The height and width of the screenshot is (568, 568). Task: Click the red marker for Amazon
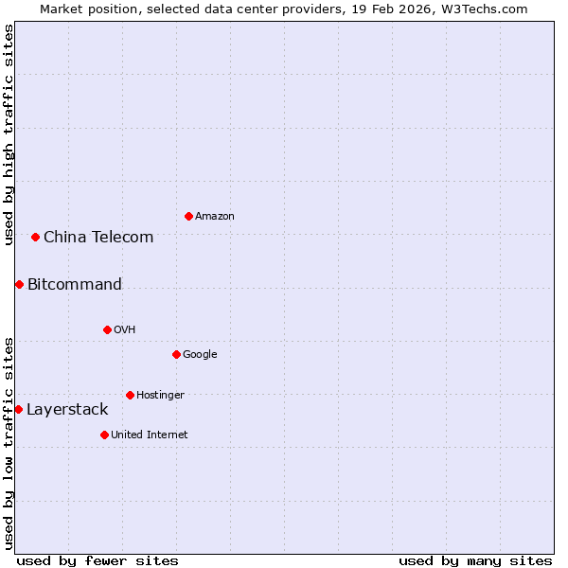pyautogui.click(x=188, y=217)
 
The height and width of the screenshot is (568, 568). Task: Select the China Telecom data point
pyautogui.click(x=35, y=237)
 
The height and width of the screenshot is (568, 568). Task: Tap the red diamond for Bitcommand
pyautogui.click(x=19, y=284)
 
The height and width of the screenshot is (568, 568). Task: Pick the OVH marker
pyautogui.click(x=107, y=329)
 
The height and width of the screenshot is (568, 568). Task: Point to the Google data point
pyautogui.click(x=176, y=354)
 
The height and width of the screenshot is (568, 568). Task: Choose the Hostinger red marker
pyautogui.click(x=130, y=395)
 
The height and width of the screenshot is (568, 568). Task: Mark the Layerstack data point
pyautogui.click(x=18, y=409)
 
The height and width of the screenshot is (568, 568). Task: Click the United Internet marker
pyautogui.click(x=104, y=435)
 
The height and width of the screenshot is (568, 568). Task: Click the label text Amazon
pyautogui.click(x=215, y=217)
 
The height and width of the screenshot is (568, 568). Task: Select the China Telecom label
pyautogui.click(x=98, y=237)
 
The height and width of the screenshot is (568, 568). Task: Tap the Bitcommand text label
pyautogui.click(x=75, y=284)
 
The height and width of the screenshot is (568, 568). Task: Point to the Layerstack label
pyautogui.click(x=67, y=409)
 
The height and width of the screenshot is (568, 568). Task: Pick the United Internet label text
pyautogui.click(x=150, y=435)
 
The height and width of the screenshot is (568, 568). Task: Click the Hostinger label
pyautogui.click(x=160, y=395)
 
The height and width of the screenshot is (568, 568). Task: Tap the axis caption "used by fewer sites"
pyautogui.click(x=98, y=560)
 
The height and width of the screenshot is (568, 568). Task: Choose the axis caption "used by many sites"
pyautogui.click(x=475, y=560)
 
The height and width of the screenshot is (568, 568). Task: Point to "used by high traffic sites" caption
pyautogui.click(x=9, y=134)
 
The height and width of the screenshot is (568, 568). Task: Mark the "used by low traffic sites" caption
pyautogui.click(x=9, y=442)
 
